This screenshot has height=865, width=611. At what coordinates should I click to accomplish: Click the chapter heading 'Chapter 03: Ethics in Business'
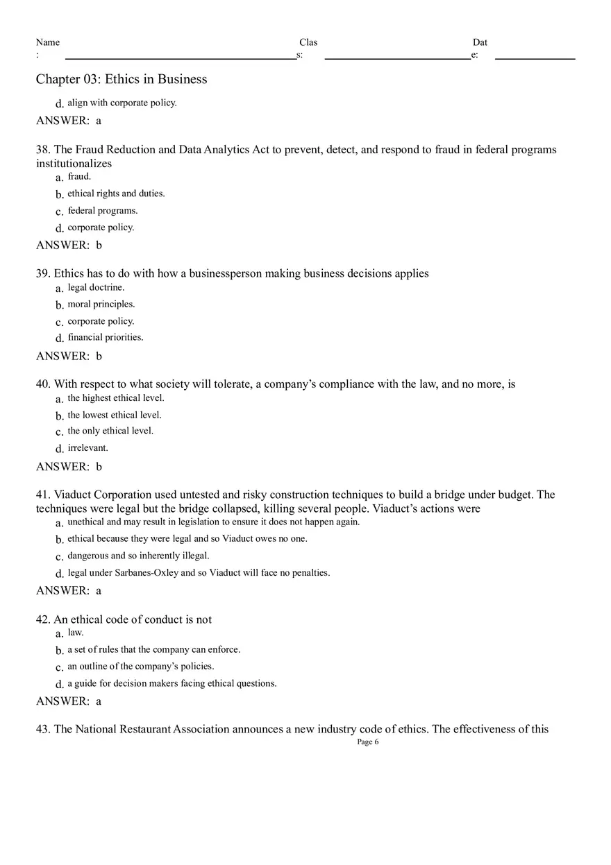coord(122,79)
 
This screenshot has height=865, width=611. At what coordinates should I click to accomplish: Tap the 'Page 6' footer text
coord(367,742)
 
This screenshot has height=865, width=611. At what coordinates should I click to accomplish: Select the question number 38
coord(43,150)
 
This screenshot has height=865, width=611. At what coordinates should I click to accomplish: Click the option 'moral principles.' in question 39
coord(101,304)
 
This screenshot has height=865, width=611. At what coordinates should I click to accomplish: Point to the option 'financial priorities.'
coord(106,337)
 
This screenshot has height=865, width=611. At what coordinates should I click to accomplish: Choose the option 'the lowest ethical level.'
coord(115,415)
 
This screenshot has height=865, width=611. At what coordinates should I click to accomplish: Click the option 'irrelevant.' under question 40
coord(88,447)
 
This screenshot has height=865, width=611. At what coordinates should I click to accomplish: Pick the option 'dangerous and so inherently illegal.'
coord(138,556)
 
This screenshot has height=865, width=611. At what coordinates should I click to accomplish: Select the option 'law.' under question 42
coord(76,632)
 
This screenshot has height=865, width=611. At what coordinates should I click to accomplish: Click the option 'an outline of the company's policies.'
coord(141,666)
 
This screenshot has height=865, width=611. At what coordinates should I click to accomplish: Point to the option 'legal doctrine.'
coord(96,287)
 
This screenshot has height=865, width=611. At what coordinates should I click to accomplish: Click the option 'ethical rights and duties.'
coord(116,194)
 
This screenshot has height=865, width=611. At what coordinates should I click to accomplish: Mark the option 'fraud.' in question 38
coord(79,176)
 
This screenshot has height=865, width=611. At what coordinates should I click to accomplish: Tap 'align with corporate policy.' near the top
coord(122,103)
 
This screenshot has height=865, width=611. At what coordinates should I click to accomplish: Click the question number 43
coord(43,729)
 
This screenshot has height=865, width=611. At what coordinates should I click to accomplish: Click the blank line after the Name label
coord(181,57)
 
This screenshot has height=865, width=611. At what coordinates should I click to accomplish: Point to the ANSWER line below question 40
coord(69,467)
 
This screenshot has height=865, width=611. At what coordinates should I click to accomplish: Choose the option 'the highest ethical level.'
coord(116,398)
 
